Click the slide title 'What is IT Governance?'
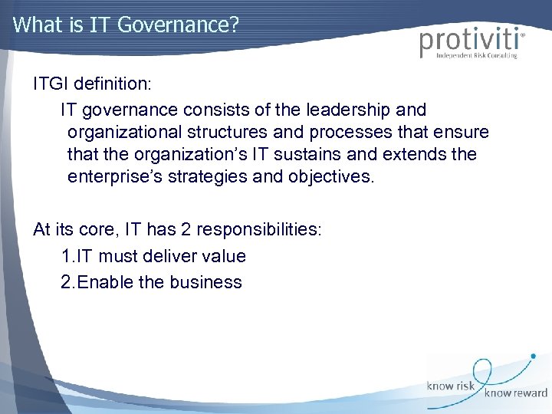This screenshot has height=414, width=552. pyautogui.click(x=127, y=25)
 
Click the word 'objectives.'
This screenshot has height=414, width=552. pyautogui.click(x=332, y=177)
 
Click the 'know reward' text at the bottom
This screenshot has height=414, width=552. pyautogui.click(x=516, y=393)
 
